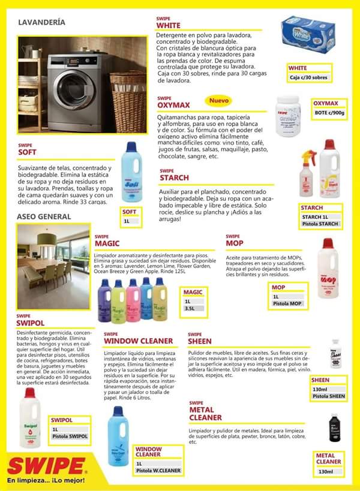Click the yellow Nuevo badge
coord(220,101)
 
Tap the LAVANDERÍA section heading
coord(42,23)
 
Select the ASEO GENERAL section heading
coord(44,216)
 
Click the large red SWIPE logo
coord(46,466)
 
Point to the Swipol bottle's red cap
coord(29,393)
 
